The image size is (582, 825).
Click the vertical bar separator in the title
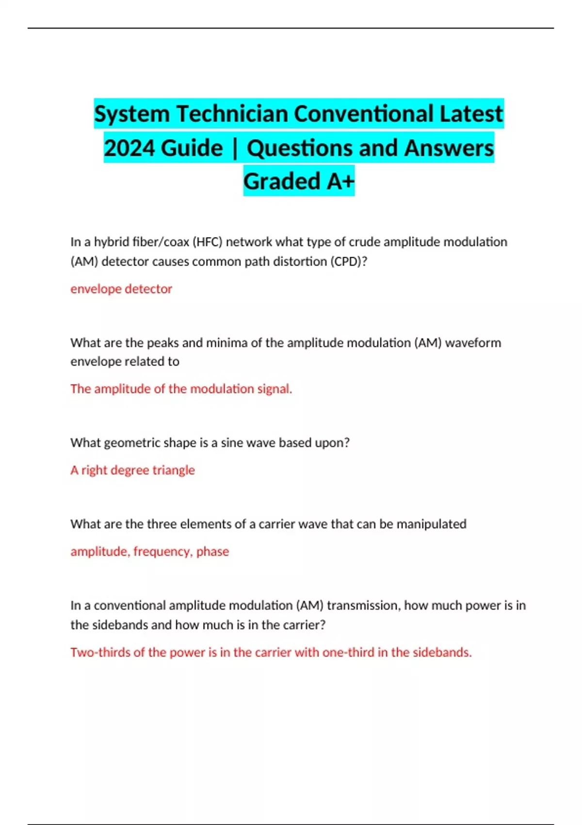[x=235, y=148]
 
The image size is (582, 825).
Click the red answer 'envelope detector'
[x=121, y=289]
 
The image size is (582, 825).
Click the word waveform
[x=473, y=343]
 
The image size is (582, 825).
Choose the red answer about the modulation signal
[x=181, y=389]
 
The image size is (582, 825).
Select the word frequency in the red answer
[x=162, y=551]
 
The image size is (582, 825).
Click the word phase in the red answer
[x=212, y=551]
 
